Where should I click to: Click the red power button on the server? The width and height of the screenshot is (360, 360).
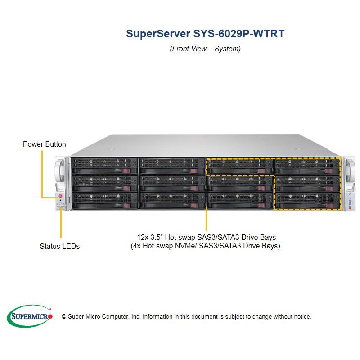pyautogui.click(x=59, y=196)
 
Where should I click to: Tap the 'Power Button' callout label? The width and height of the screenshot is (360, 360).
pyautogui.click(x=45, y=144)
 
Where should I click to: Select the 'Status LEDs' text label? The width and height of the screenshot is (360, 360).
pyautogui.click(x=60, y=246)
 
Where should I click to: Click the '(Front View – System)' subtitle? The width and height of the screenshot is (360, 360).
pyautogui.click(x=205, y=49)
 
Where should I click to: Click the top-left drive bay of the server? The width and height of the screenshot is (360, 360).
pyautogui.click(x=104, y=165)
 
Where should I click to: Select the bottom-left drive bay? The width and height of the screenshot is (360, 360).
pyautogui.click(x=104, y=200)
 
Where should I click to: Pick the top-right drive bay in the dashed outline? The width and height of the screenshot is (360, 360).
pyautogui.click(x=307, y=165)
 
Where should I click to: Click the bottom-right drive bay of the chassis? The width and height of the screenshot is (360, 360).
pyautogui.click(x=307, y=200)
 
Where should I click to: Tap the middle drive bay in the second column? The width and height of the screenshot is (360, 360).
pyautogui.click(x=172, y=183)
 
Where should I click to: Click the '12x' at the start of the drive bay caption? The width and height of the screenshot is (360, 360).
pyautogui.click(x=144, y=237)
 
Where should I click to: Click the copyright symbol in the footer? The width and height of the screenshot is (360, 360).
pyautogui.click(x=64, y=317)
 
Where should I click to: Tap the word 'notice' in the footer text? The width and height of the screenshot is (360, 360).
pyautogui.click(x=301, y=317)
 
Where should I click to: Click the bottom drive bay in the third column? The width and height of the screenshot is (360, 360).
pyautogui.click(x=239, y=200)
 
